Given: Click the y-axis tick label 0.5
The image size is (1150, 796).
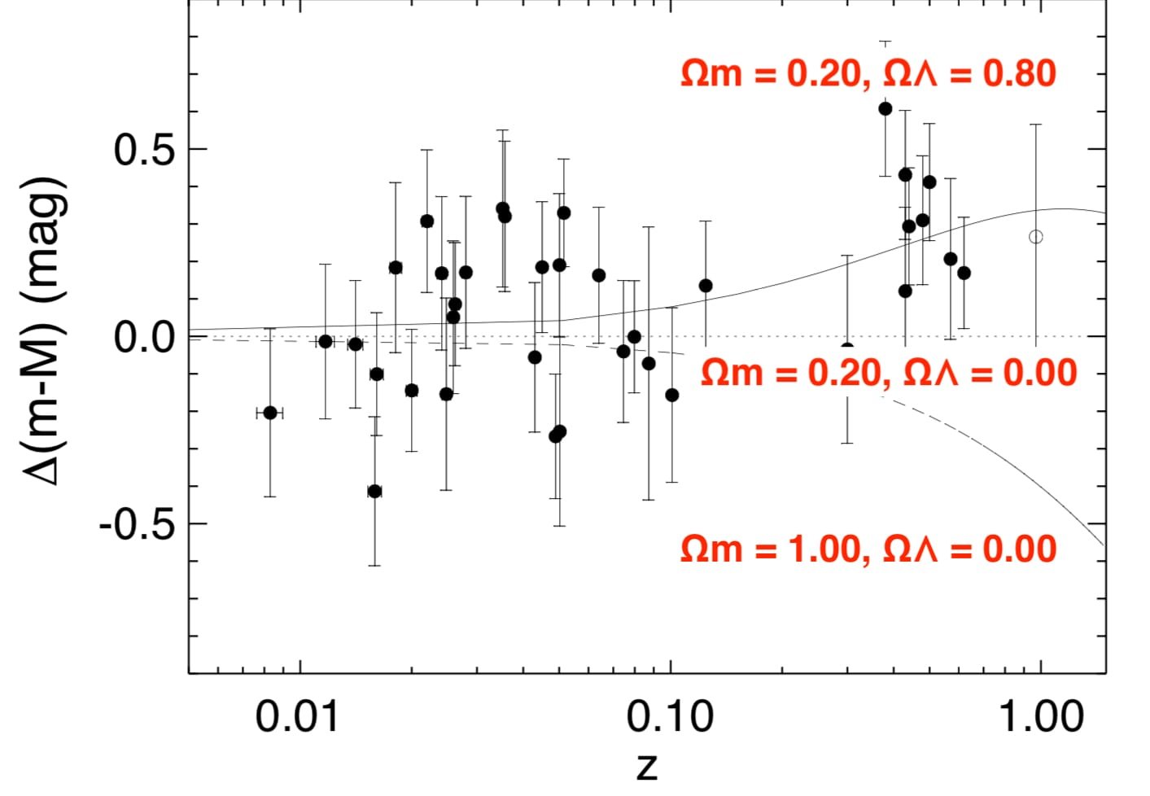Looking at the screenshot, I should click(144, 150).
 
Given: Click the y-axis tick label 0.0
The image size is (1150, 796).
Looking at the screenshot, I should click(144, 336).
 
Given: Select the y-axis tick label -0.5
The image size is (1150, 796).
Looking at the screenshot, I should click(137, 524).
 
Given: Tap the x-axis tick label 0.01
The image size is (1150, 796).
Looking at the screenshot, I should click(296, 716).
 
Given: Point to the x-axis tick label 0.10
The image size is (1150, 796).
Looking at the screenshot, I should click(669, 716).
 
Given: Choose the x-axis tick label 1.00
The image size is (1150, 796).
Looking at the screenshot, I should click(1041, 716).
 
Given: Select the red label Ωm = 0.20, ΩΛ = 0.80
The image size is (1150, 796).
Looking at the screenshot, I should click(868, 74).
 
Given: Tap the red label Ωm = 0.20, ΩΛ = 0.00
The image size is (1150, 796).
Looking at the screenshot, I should click(889, 373).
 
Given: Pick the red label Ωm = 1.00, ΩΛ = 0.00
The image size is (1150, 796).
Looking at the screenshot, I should click(868, 549).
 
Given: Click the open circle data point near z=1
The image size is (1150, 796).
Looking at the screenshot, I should click(1036, 237).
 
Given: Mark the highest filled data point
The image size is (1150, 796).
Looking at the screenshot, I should click(885, 108).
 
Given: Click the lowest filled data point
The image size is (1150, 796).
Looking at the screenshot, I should click(374, 491).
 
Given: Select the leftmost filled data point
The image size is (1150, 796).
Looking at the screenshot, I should click(270, 413).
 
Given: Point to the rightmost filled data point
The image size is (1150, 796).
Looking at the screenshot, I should click(964, 273).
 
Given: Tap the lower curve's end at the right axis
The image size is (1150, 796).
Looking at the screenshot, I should click(1104, 545).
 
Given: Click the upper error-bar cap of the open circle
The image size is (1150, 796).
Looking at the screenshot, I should click(1036, 125).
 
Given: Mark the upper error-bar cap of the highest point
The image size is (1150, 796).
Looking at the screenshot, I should click(885, 42).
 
